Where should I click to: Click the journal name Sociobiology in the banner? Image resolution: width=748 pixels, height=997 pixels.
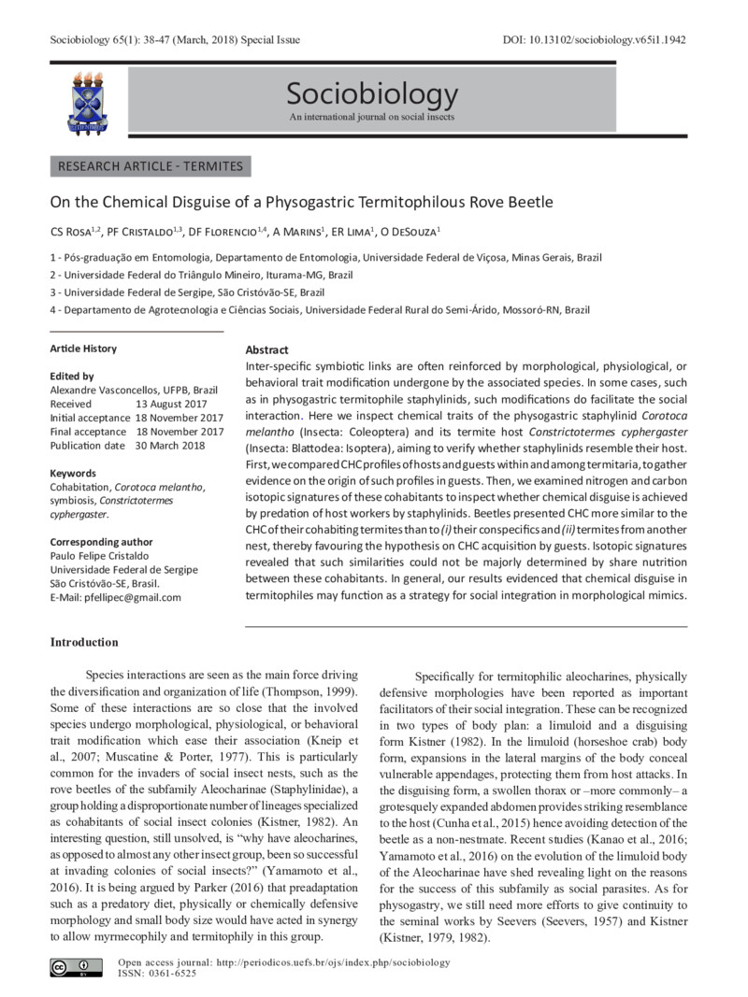click(x=372, y=94)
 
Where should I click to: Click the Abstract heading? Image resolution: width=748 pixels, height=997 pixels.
click(x=266, y=349)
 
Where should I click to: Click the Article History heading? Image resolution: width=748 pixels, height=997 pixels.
click(x=83, y=349)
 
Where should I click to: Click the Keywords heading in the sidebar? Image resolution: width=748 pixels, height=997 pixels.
click(x=73, y=474)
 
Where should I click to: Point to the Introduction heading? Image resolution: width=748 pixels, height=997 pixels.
click(x=84, y=643)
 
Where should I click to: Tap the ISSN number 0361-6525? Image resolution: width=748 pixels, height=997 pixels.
click(x=173, y=974)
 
